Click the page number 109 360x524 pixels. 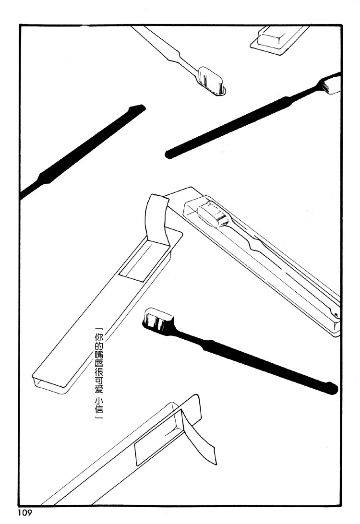click(24, 513)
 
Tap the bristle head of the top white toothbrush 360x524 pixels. click(212, 81)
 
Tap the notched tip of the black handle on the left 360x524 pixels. click(137, 108)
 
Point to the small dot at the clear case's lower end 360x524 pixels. click(336, 315)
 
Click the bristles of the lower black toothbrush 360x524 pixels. click(158, 319)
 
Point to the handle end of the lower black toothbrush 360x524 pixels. click(330, 388)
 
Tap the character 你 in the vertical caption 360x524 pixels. click(99, 336)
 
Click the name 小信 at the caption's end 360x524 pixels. click(99, 405)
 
